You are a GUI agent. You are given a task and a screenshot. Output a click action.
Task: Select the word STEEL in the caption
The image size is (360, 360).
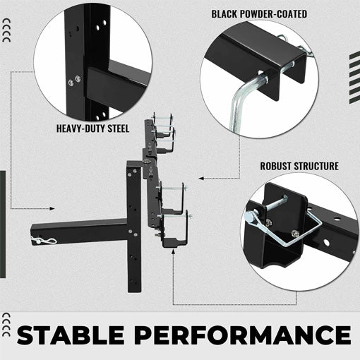[121, 129]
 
